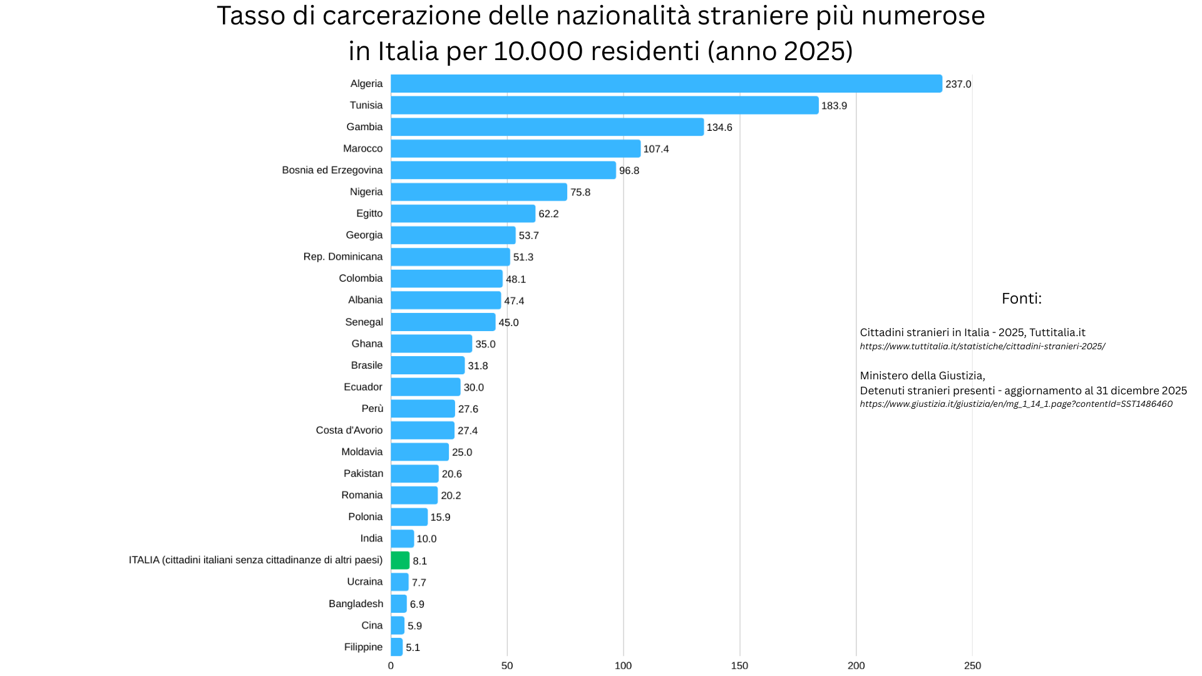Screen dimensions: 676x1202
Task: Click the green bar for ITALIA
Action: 400,560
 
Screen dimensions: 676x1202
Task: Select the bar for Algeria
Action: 666,84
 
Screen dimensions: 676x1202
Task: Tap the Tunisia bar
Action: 604,105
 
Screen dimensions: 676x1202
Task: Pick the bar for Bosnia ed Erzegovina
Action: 503,170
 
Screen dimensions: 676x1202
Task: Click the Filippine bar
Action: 397,647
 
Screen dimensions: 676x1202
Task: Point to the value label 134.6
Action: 719,127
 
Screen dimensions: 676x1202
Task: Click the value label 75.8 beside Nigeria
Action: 580,192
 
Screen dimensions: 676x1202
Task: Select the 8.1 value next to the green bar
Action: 419,561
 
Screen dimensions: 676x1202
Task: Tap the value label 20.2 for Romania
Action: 451,496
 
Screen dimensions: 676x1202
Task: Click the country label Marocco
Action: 362,148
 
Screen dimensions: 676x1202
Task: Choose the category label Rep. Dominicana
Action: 342,257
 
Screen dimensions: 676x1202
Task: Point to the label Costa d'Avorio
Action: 349,430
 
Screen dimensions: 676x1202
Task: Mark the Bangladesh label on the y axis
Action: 356,603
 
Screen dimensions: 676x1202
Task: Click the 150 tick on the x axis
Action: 739,665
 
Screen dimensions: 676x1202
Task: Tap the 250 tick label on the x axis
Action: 972,665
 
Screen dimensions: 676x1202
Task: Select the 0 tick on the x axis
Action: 391,665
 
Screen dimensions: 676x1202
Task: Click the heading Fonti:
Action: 1021,299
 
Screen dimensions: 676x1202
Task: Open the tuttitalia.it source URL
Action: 982,346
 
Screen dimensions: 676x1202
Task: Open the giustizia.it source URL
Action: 1015,404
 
